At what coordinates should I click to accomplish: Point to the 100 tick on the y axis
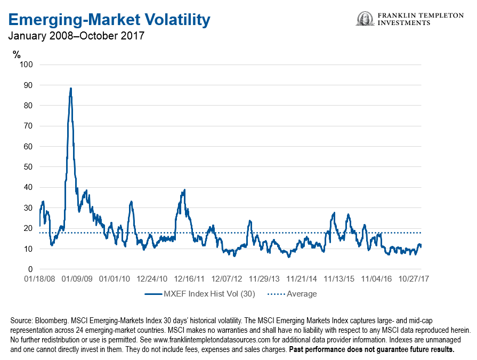pos(27,65)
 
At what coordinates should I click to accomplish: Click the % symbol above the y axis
pos(17,53)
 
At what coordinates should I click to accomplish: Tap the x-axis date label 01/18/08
pos(39,278)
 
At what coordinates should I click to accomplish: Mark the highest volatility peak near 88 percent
pos(70,89)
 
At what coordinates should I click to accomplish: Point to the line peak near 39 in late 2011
pos(184,190)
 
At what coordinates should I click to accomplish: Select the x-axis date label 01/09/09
pos(77,278)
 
